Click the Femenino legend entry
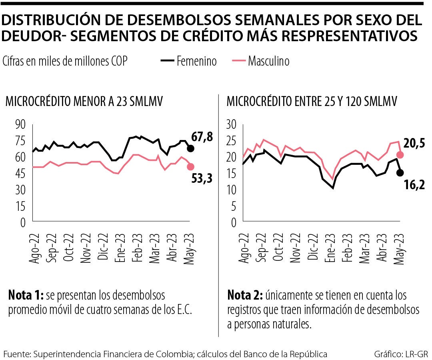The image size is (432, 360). [189, 61]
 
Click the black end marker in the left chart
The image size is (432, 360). [190, 149]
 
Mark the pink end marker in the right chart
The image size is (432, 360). [400, 155]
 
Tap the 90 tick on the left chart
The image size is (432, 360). [20, 124]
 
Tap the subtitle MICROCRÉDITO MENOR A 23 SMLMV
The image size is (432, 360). [84, 102]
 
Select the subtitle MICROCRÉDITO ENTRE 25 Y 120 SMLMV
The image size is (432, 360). [312, 102]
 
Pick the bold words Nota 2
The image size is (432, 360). [244, 296]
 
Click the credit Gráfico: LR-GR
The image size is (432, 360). [401, 354]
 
